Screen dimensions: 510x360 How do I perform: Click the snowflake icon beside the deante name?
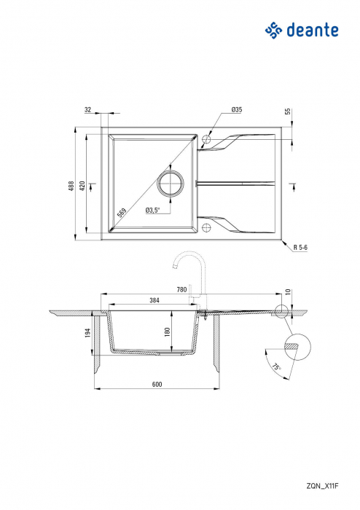(x=272, y=30)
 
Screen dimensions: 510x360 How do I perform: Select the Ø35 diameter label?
(x=236, y=109)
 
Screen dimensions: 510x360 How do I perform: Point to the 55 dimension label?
(x=287, y=111)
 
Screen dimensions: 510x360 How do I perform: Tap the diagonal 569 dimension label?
(x=122, y=213)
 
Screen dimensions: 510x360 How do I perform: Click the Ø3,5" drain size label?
(x=152, y=210)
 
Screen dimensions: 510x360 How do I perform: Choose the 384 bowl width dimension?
(x=154, y=299)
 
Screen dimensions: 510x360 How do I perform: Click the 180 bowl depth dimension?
(x=168, y=331)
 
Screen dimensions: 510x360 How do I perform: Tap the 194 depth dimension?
(x=88, y=333)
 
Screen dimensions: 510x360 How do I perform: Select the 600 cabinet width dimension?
(x=156, y=384)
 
